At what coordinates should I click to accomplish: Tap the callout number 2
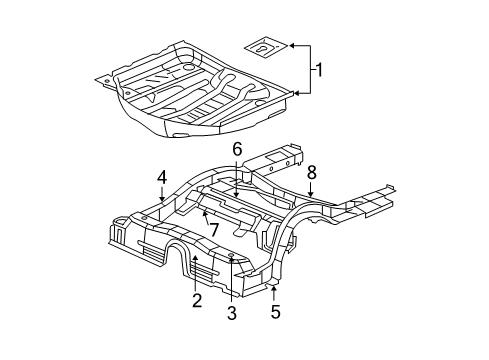point(197,299)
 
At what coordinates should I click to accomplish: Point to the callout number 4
point(161,179)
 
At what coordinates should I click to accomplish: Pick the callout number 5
point(274,311)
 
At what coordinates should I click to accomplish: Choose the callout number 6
point(237,149)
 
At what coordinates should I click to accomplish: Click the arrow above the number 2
point(196,268)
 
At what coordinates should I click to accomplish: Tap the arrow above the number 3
point(231,268)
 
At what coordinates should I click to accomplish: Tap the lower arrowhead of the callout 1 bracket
point(293,93)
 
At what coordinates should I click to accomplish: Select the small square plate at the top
point(265,46)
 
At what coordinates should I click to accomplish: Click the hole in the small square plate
point(264,45)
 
